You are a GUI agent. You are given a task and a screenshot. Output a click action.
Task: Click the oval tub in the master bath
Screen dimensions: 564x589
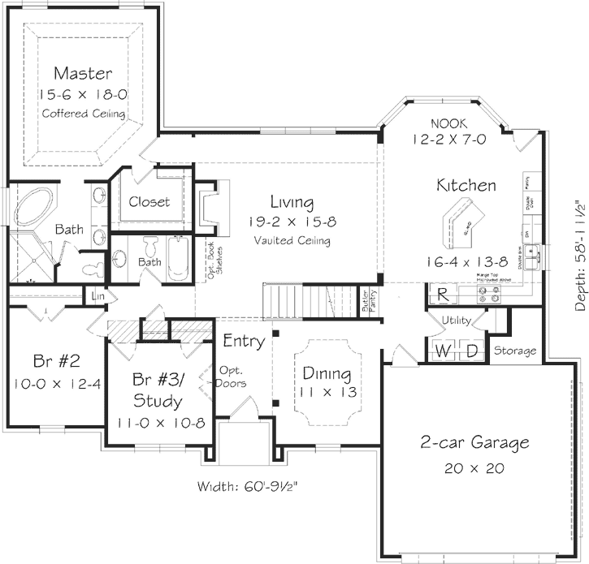click(x=34, y=206)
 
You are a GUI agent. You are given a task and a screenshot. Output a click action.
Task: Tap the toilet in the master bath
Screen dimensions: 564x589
click(x=91, y=265)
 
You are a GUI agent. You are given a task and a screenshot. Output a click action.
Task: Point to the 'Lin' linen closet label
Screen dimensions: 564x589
click(x=99, y=297)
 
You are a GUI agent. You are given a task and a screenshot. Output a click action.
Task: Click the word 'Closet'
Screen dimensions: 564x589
click(x=149, y=201)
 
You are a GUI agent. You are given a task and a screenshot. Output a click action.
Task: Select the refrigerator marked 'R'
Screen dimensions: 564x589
click(x=444, y=295)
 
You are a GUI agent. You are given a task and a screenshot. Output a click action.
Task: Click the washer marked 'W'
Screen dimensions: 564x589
click(x=444, y=351)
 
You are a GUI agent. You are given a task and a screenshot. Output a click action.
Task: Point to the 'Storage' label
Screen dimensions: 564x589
click(x=515, y=351)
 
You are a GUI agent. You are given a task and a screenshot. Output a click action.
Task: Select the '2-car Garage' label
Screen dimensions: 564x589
click(x=475, y=442)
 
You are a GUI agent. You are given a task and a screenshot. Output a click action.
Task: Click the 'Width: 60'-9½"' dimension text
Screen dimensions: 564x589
click(x=251, y=487)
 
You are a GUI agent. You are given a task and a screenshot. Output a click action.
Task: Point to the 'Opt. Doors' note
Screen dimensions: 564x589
click(x=232, y=376)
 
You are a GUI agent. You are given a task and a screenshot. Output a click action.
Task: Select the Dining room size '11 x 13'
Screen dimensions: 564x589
click(x=327, y=390)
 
